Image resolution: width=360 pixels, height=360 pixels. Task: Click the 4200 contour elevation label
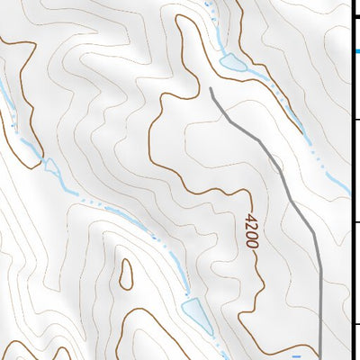(251, 230)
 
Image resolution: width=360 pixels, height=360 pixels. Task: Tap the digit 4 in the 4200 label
(251, 217)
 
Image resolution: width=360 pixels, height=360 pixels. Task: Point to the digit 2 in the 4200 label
(251, 226)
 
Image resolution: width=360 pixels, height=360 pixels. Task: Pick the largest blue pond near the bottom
(193, 311)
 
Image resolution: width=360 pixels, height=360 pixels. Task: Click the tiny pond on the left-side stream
(50, 166)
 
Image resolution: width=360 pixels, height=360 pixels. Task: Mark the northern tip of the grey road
(211, 88)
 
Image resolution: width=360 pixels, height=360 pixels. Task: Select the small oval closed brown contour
(125, 274)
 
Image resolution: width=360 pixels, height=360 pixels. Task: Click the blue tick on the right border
(355, 51)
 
